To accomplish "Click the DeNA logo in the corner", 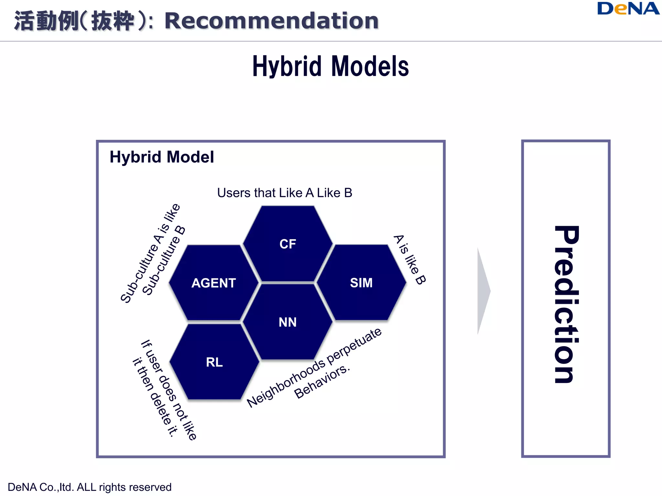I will (628, 9).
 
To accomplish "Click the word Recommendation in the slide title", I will (272, 21).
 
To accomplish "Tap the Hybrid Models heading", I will (330, 66).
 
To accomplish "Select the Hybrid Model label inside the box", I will (162, 157).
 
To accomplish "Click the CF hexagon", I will (288, 244).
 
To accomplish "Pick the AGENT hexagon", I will (214, 283).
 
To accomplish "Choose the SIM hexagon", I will (361, 283).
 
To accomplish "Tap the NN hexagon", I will (287, 322).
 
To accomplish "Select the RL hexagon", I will (214, 362).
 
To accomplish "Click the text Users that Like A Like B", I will (284, 193).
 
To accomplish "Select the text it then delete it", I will (155, 397).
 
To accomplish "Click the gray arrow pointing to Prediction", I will (483, 291).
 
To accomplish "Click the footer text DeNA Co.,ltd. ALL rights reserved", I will (90, 487).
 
